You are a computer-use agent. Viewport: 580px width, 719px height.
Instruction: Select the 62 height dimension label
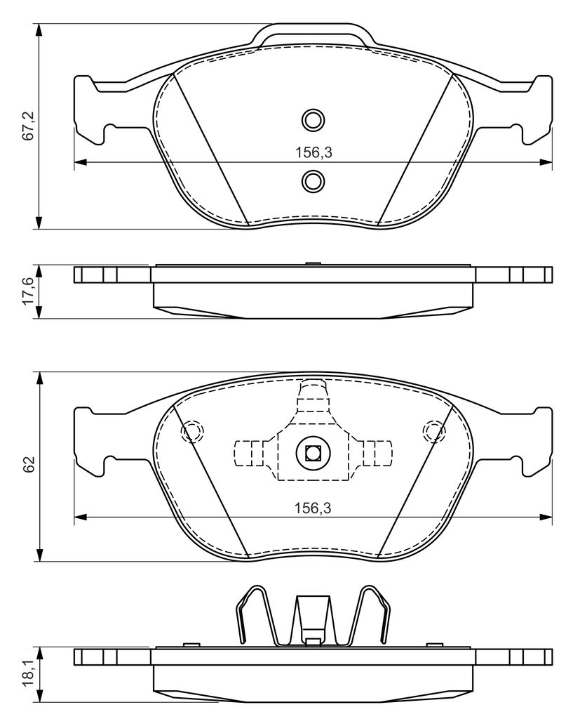coord(29,465)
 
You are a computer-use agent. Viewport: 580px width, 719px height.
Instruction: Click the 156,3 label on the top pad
coord(313,152)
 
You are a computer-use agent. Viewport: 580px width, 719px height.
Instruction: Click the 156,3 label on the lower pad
coord(313,508)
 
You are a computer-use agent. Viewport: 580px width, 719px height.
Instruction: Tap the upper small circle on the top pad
coord(313,120)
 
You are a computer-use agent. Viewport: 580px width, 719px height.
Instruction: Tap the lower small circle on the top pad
coord(313,180)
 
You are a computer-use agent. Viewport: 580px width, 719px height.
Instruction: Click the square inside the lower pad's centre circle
coord(313,453)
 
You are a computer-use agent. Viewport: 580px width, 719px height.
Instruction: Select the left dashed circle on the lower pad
coord(192,432)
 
